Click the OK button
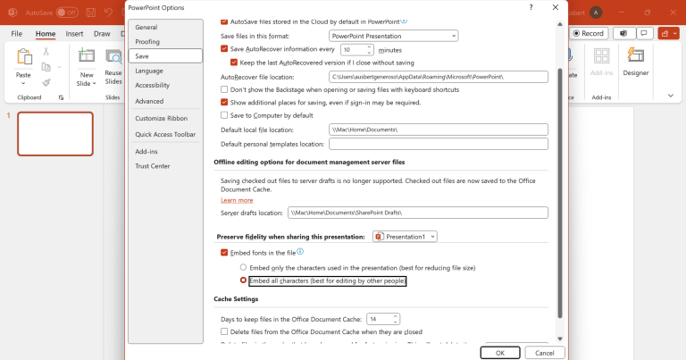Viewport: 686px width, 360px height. click(x=500, y=353)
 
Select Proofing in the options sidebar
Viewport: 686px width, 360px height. click(x=147, y=41)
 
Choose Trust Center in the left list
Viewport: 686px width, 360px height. click(x=152, y=166)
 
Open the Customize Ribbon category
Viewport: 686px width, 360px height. click(x=161, y=118)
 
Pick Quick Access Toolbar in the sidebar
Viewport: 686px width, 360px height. click(x=165, y=134)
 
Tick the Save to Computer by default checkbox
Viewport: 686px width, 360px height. click(x=224, y=115)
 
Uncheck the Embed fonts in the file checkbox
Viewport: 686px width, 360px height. click(x=224, y=253)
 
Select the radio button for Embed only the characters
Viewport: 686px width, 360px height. click(x=243, y=267)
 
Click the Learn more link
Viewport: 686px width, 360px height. click(x=237, y=200)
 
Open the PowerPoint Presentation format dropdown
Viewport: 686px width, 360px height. click(x=393, y=35)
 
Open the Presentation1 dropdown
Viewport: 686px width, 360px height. click(x=406, y=236)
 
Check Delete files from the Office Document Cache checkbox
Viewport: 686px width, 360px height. click(x=224, y=331)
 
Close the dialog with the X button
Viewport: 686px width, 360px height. click(x=556, y=6)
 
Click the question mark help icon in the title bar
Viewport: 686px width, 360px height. click(x=531, y=6)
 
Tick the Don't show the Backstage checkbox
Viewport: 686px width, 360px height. click(x=224, y=90)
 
